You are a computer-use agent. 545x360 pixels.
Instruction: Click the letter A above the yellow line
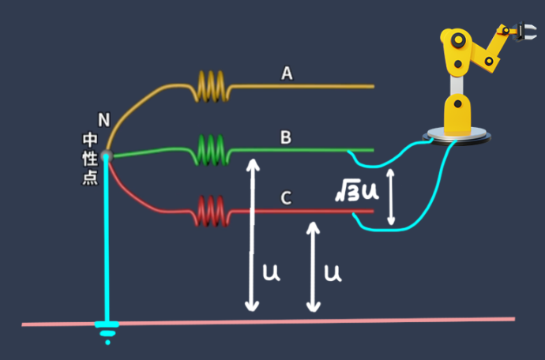pos(287,73)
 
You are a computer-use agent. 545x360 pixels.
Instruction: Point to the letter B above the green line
pos(286,137)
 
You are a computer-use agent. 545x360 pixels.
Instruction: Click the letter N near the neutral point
pos(103,120)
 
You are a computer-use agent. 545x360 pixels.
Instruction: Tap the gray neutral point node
pos(107,156)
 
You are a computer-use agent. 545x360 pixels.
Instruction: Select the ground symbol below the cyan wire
pos(105,332)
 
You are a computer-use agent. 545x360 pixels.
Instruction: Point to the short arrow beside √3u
pos(390,193)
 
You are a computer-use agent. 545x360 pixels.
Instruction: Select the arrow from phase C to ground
pos(314,266)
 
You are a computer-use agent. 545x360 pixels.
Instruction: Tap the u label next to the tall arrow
pos(270,273)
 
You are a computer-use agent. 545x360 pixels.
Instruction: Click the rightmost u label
pos(333,273)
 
